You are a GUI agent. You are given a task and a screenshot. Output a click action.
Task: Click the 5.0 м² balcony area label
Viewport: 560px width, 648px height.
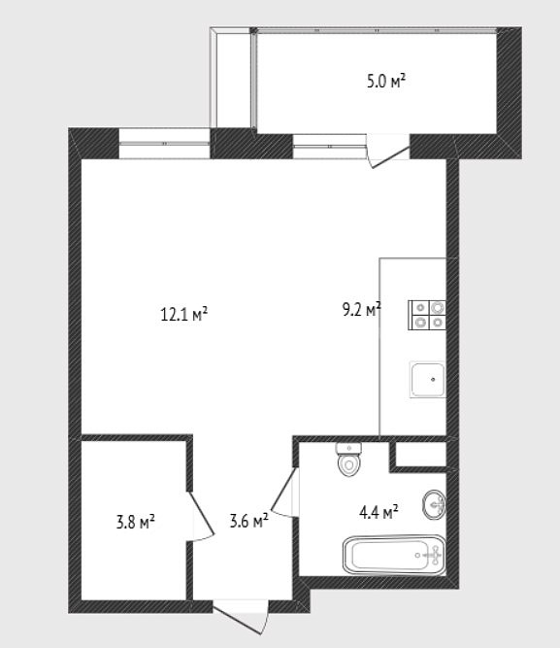point(385,81)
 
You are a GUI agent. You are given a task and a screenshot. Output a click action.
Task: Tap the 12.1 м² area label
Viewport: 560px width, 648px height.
point(183,315)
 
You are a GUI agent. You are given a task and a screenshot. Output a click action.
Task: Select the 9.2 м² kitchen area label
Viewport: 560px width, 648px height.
point(361,309)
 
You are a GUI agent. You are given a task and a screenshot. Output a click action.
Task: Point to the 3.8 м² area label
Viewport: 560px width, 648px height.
point(136,522)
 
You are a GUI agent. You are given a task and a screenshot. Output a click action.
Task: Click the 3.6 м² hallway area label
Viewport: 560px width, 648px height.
point(248,521)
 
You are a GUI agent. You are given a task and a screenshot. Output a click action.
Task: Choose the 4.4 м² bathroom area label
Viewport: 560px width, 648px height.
point(379,512)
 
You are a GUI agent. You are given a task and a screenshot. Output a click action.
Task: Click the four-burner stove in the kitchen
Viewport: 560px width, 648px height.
point(427,315)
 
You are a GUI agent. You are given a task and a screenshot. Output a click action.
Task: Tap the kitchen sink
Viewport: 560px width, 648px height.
point(427,380)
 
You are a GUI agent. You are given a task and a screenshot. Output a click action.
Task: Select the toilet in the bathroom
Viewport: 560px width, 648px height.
point(349,460)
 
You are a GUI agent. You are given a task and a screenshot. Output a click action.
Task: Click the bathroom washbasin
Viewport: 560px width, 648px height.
point(434,504)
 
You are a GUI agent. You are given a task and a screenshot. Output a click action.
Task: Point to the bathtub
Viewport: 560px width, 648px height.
point(394,555)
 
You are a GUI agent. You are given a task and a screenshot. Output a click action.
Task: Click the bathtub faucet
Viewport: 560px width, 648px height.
point(434,555)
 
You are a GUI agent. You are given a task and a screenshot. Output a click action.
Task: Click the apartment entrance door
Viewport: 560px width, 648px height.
point(242,617)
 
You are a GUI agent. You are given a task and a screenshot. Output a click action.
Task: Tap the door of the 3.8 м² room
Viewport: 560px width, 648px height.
point(200,516)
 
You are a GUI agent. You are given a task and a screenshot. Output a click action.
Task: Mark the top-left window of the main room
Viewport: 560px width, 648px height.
point(165,144)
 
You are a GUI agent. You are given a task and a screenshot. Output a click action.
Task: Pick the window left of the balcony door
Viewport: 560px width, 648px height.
point(330,147)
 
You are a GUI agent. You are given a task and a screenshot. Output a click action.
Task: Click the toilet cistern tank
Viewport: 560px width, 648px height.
point(349,448)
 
